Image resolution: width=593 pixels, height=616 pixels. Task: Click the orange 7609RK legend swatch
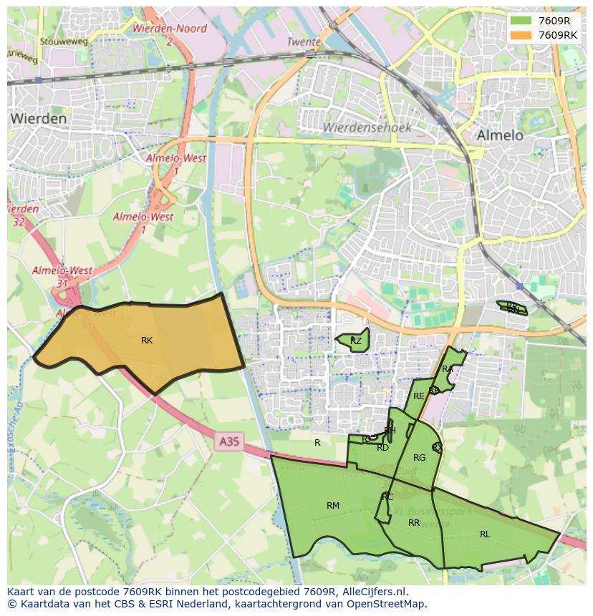coord(521,35)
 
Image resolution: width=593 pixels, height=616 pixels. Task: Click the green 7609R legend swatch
coord(521,21)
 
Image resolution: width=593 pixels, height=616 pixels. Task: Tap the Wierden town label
coord(39,119)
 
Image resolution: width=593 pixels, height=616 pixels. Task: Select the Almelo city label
coord(500,135)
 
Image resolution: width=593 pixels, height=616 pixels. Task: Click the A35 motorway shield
coord(229,442)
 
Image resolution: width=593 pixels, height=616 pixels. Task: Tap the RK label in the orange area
coord(147,341)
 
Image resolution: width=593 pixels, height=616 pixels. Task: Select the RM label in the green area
coord(333,506)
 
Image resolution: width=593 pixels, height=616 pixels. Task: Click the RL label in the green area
coord(485,534)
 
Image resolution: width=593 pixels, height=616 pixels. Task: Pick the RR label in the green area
coord(414,523)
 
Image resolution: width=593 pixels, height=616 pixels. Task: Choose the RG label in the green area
coord(420,458)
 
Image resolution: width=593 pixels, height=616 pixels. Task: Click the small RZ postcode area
coord(355,341)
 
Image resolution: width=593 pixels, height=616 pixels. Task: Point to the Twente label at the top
coord(304,42)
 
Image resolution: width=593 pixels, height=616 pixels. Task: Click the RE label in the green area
coord(419,396)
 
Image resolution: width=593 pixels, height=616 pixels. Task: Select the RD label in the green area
coord(382,448)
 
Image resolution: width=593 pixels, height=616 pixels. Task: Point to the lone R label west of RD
coord(317,443)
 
